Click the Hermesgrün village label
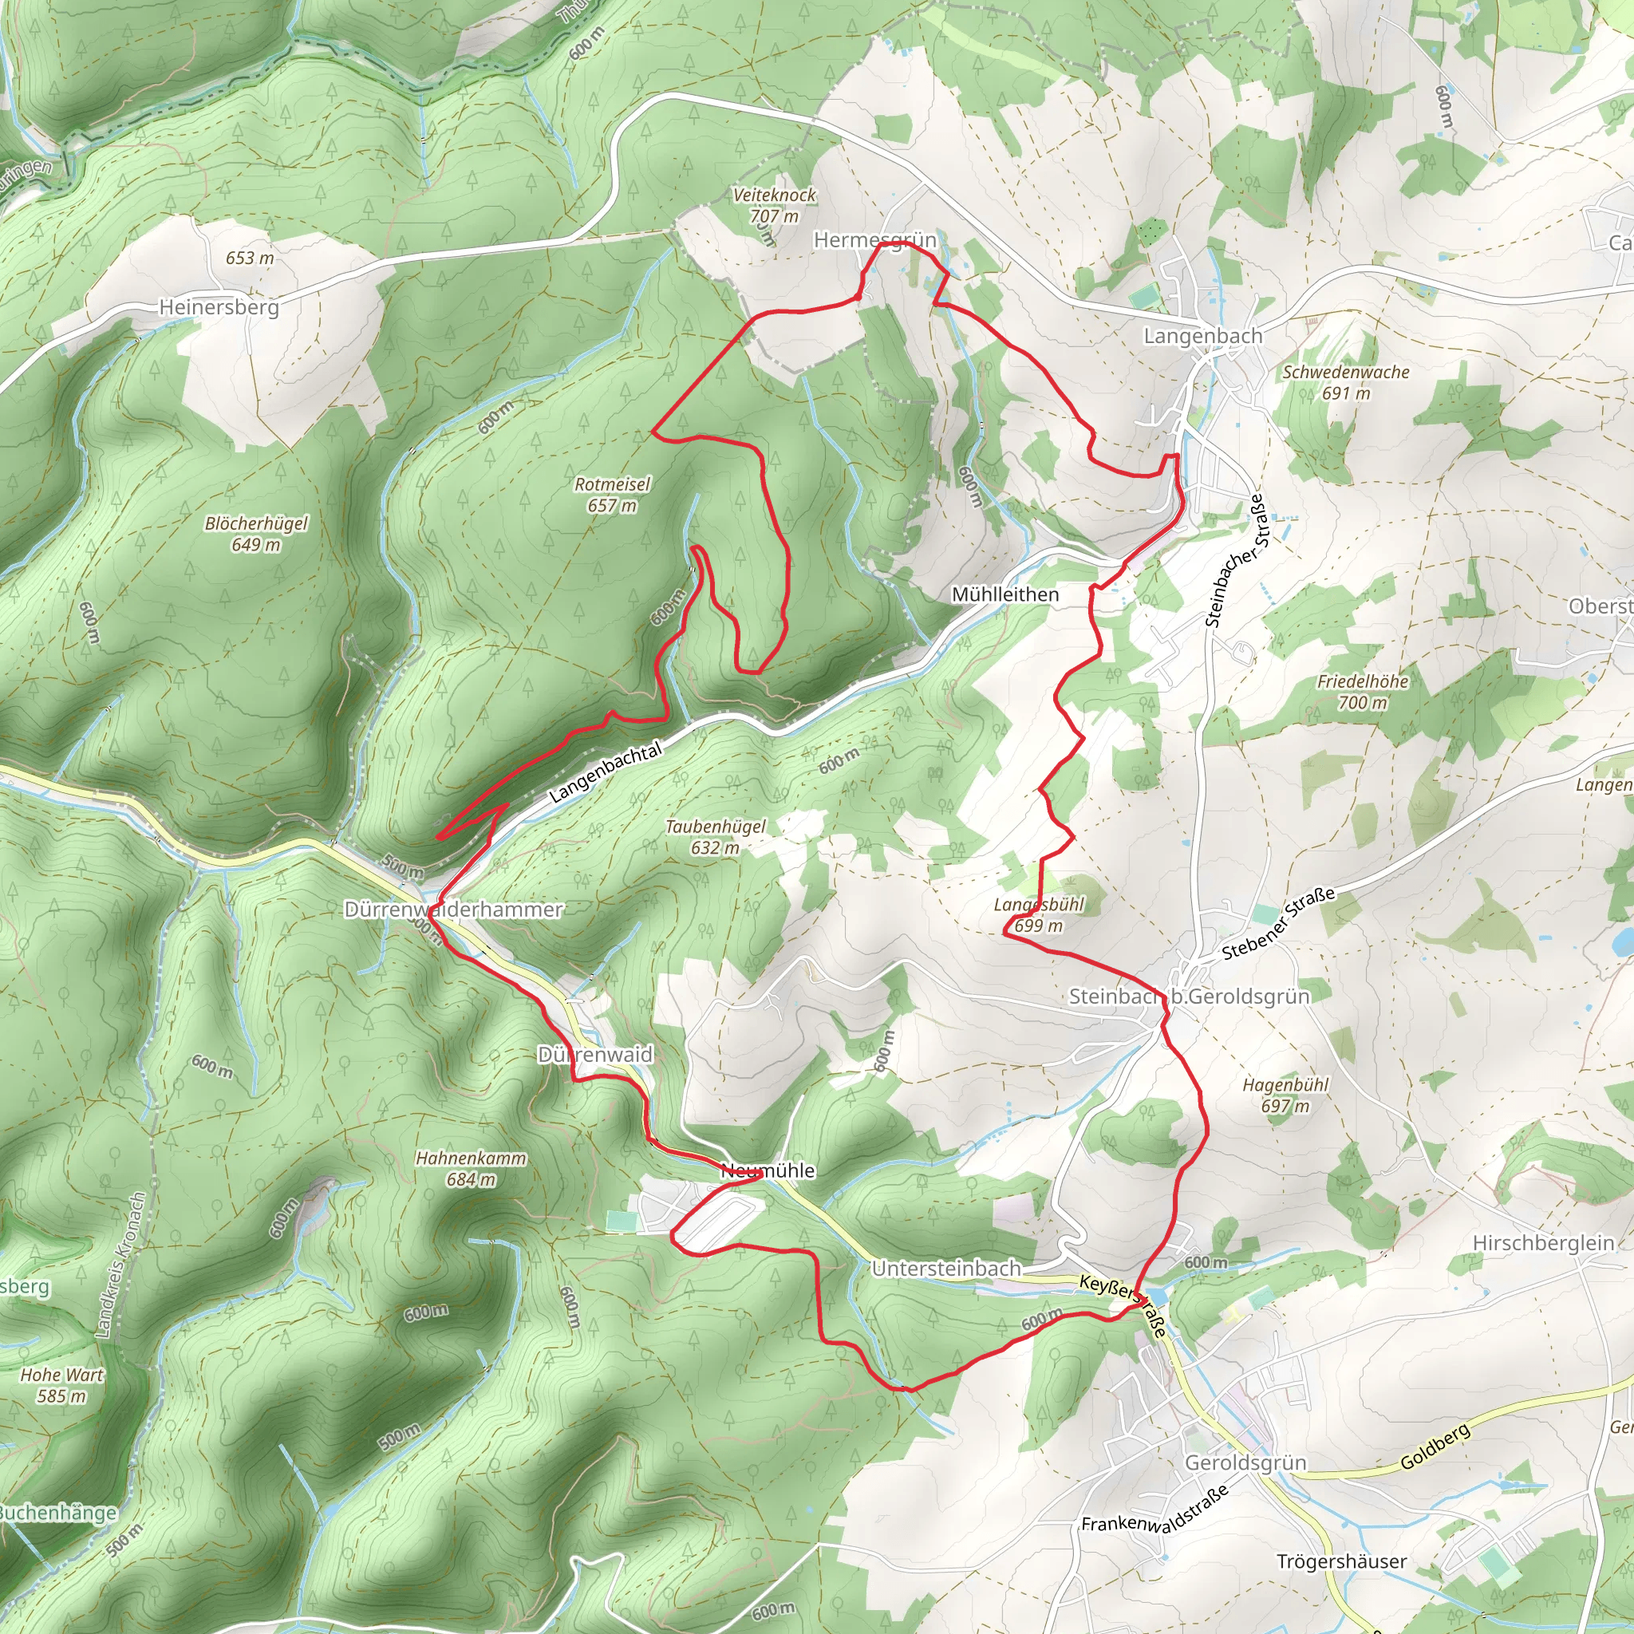tap(874, 240)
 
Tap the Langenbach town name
tap(1202, 336)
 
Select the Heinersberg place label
tap(219, 307)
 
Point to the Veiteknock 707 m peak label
tap(774, 205)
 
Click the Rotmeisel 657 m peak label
tap(612, 495)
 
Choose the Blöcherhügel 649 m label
tap(255, 534)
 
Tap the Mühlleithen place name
tap(1004, 594)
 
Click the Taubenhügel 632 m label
tap(716, 836)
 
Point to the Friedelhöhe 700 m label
tap(1363, 691)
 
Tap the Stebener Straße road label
tap(1278, 924)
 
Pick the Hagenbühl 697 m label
tap(1285, 1095)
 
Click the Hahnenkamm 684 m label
tap(470, 1168)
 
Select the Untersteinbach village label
tap(946, 1269)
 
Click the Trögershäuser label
tap(1341, 1561)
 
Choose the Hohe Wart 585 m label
tap(61, 1384)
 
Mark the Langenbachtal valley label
tap(605, 773)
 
